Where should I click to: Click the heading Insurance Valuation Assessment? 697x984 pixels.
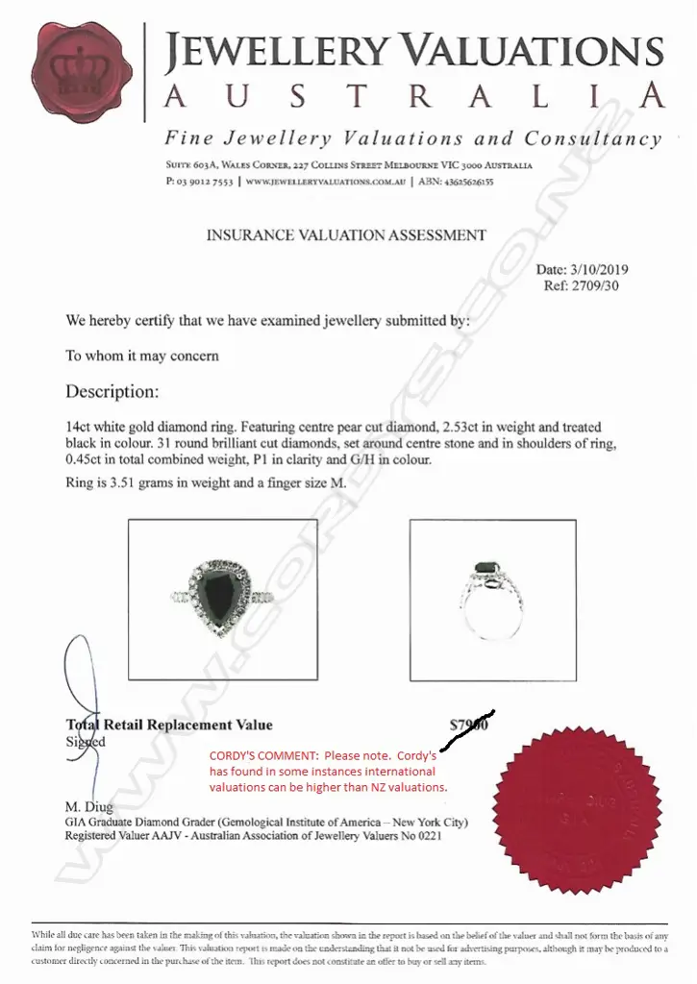pyautogui.click(x=346, y=234)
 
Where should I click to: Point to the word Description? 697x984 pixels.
pyautogui.click(x=112, y=392)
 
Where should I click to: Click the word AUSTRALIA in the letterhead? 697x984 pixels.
pyautogui.click(x=413, y=97)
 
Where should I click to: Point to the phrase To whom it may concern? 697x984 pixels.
pyautogui.click(x=142, y=356)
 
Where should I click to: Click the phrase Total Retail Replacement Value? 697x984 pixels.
pyautogui.click(x=169, y=726)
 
